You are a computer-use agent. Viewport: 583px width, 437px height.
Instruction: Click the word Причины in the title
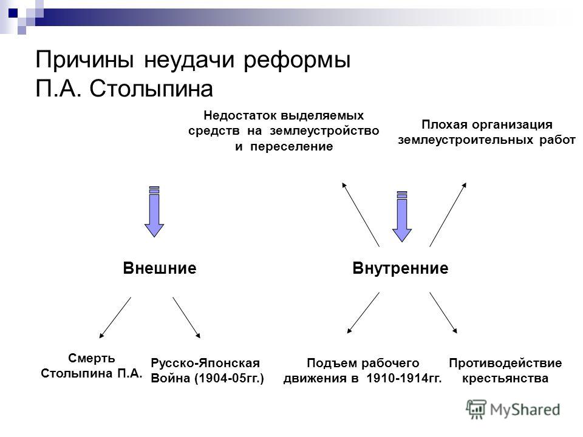[85, 60]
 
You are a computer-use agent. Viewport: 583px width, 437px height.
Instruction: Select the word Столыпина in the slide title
[151, 89]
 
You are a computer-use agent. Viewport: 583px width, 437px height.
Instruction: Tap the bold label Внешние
[160, 268]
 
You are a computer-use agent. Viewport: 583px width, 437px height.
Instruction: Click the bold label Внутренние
[400, 268]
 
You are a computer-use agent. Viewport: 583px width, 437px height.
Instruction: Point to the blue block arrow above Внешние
[154, 211]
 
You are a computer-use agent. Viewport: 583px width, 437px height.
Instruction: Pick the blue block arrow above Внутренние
[402, 216]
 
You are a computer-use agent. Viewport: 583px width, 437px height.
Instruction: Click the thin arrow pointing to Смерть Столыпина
[115, 317]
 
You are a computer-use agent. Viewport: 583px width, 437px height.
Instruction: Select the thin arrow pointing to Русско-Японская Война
[186, 317]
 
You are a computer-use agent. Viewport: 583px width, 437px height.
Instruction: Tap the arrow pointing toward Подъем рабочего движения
[363, 313]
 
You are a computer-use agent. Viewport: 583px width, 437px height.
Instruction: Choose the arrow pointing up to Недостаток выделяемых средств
[361, 214]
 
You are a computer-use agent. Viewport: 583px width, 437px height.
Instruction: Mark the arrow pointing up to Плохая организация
[448, 214]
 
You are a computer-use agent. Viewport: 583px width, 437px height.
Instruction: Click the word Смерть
[92, 358]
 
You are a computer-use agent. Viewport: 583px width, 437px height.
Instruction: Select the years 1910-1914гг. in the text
[404, 378]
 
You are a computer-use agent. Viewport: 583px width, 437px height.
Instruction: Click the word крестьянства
[505, 378]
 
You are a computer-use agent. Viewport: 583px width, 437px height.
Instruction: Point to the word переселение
[291, 146]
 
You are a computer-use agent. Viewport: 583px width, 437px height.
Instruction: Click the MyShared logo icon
[476, 410]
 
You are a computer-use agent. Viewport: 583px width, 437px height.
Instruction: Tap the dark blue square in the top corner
[13, 13]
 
